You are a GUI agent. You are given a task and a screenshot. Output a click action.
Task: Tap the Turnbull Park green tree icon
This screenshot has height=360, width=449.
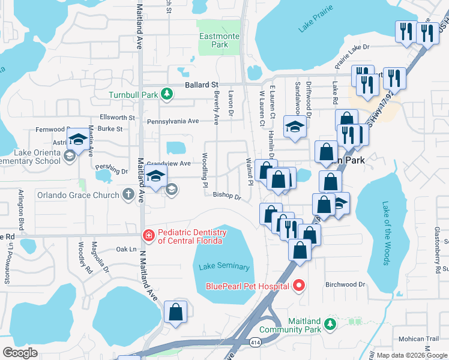tap(167, 94)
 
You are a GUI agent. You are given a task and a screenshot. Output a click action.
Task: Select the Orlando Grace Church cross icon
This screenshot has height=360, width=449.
tap(128, 194)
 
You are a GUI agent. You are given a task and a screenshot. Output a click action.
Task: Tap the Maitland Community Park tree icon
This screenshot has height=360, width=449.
tap(328, 324)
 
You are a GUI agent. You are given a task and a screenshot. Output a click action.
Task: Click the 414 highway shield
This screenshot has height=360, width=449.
tap(255, 341)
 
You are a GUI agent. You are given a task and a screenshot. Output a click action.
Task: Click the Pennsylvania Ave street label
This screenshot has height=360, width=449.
tap(173, 121)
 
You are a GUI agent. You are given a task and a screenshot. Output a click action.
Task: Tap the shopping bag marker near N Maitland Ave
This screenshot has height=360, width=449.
tap(175, 312)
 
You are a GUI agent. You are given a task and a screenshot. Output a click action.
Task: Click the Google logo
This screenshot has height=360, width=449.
tap(20, 353)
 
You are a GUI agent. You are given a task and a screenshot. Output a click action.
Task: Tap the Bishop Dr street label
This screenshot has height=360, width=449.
tap(226, 196)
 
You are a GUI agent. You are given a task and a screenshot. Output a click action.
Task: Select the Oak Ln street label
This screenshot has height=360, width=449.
tap(126, 248)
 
